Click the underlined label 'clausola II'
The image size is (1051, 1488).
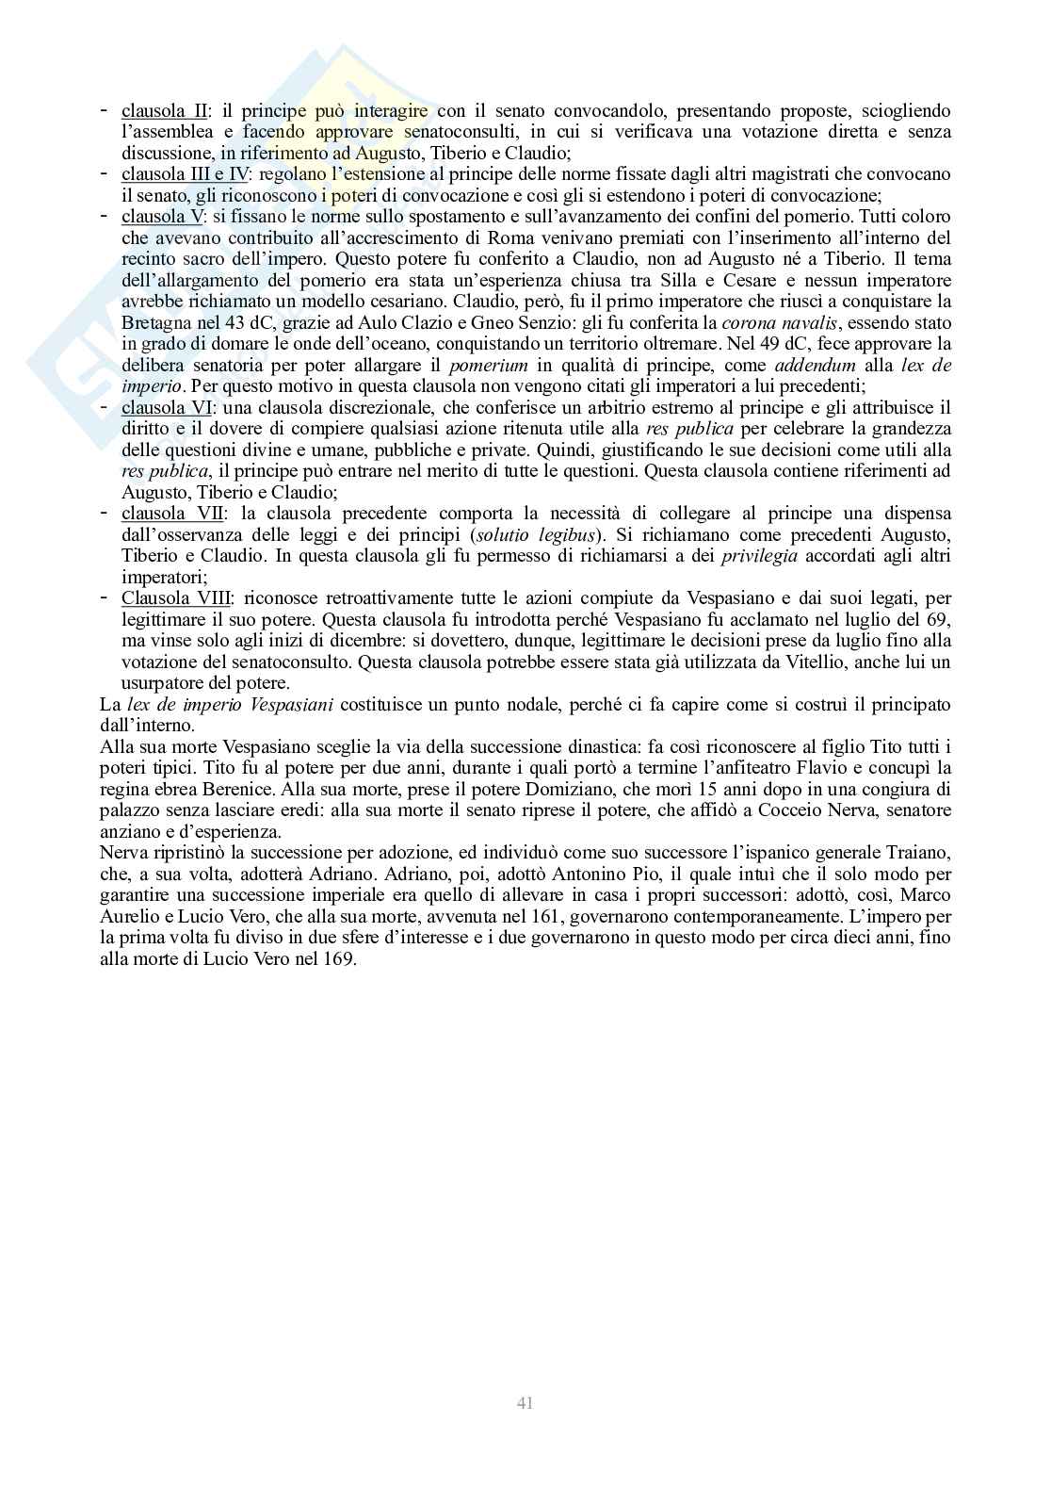coord(165,111)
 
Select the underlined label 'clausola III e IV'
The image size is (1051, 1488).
coord(184,174)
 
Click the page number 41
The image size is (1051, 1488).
coord(525,1403)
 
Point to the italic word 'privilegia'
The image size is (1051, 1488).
coord(759,557)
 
